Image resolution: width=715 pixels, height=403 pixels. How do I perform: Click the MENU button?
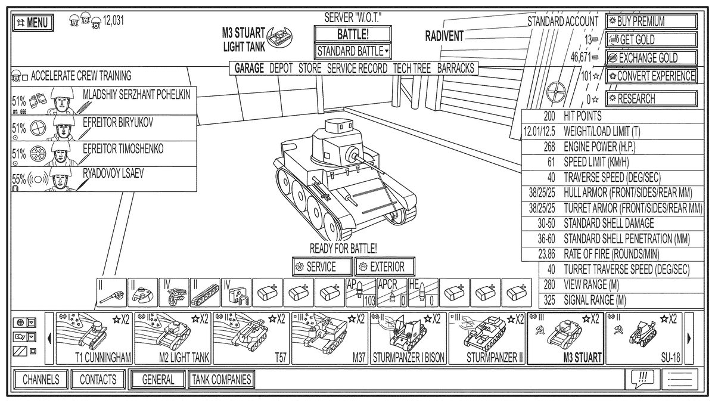[33, 23]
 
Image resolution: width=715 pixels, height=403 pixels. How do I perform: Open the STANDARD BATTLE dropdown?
[353, 51]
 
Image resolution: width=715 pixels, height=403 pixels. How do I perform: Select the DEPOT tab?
[281, 69]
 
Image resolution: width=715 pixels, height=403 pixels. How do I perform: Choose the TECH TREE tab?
[412, 69]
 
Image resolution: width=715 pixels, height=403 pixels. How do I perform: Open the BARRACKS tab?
[456, 69]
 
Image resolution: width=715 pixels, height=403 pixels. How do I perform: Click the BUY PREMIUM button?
[651, 21]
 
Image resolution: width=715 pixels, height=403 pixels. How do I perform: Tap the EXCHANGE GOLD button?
[651, 58]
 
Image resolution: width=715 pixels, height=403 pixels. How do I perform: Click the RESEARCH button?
[651, 98]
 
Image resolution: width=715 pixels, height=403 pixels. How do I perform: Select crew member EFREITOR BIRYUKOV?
[104, 128]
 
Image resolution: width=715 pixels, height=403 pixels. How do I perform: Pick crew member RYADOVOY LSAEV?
[104, 179]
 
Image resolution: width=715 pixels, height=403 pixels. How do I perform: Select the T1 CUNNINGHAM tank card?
[94, 338]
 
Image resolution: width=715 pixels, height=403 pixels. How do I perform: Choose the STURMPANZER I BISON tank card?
[408, 338]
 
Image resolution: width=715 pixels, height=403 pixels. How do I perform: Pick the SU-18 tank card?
[643, 338]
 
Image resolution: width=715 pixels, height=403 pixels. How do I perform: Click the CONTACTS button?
[98, 379]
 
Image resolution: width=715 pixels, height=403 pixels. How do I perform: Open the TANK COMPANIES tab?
[221, 379]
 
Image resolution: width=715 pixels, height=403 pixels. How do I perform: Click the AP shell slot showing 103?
[361, 292]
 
